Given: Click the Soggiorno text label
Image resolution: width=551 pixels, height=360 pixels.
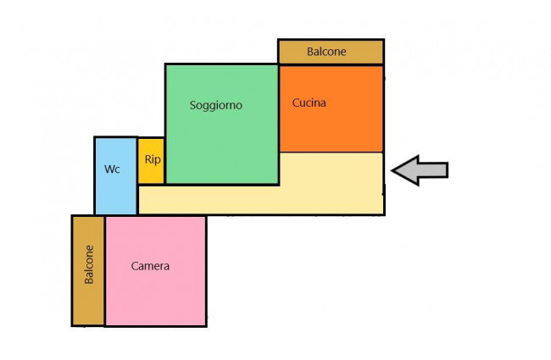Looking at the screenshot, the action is pyautogui.click(x=216, y=105).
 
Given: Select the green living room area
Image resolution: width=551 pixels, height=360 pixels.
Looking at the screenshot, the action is pyautogui.click(x=222, y=124).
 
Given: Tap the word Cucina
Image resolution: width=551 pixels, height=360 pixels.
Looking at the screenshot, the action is pyautogui.click(x=309, y=102).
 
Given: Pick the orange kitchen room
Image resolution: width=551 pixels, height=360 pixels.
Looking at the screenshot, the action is pyautogui.click(x=331, y=108).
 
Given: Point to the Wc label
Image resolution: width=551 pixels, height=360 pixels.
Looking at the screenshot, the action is pyautogui.click(x=112, y=169).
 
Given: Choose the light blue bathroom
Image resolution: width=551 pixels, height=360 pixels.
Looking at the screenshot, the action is pyautogui.click(x=115, y=175).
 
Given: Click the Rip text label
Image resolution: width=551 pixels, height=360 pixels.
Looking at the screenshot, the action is pyautogui.click(x=153, y=159).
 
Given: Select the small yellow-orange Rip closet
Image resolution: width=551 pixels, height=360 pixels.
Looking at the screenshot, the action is pyautogui.click(x=151, y=160).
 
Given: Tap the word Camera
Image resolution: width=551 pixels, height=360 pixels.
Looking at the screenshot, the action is pyautogui.click(x=150, y=266).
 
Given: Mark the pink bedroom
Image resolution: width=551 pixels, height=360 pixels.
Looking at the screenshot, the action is pyautogui.click(x=156, y=271).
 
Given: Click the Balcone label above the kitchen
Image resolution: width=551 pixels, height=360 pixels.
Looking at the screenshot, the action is pyautogui.click(x=326, y=52).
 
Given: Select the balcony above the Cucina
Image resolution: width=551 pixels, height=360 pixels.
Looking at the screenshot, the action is pyautogui.click(x=331, y=52).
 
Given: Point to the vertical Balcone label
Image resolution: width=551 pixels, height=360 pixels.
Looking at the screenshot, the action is pyautogui.click(x=89, y=264).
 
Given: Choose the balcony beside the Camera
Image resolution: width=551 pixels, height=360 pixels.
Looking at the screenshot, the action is pyautogui.click(x=88, y=270).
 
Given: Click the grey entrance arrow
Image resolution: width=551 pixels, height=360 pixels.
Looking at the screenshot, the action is pyautogui.click(x=420, y=170).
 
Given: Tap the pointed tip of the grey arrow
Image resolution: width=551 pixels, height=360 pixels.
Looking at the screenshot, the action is pyautogui.click(x=392, y=170).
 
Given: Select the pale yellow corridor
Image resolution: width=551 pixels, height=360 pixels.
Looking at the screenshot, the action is pyautogui.click(x=261, y=199).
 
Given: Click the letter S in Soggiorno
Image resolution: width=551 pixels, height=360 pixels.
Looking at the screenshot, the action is pyautogui.click(x=192, y=105).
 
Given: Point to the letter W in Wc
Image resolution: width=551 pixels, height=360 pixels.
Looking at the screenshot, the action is pyautogui.click(x=109, y=169).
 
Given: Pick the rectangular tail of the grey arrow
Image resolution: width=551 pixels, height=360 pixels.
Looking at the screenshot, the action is pyautogui.click(x=433, y=170).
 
